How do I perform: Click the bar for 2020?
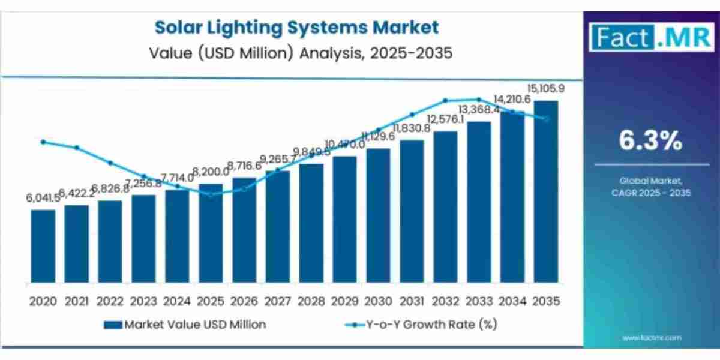pos(43,247)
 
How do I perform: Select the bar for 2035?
pos(545,192)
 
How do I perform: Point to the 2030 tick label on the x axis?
pos(378,301)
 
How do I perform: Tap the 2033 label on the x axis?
pos(479,301)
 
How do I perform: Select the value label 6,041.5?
pos(43,199)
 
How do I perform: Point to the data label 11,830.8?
pos(412,128)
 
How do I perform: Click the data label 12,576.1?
pos(445,119)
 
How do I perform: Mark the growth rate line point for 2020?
pos(43,142)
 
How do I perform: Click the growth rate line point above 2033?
pos(479,100)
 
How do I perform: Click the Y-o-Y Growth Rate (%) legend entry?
pos(421,325)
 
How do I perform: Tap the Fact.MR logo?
pos(651,37)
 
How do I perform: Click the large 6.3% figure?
pos(650,142)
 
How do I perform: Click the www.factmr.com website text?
pos(652,338)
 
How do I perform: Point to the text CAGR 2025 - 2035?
pos(651,193)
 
